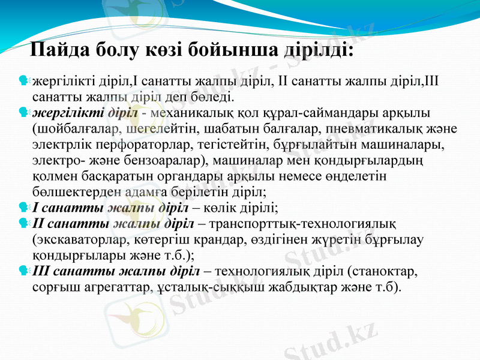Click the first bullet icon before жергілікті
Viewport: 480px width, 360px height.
tap(24, 79)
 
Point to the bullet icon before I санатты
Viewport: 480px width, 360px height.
tap(24, 208)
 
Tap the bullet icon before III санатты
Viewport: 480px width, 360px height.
tap(24, 271)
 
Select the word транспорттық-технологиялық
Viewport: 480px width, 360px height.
tap(302, 224)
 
